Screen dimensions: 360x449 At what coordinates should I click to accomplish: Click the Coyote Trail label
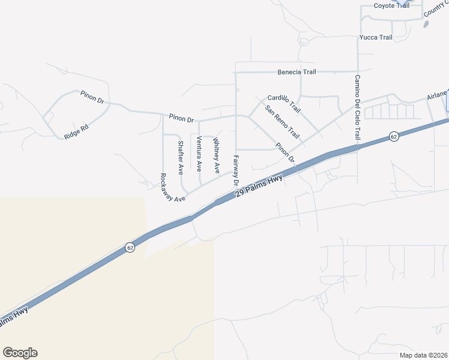[x=391, y=5]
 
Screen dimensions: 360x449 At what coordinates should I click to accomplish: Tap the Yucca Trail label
[x=376, y=37]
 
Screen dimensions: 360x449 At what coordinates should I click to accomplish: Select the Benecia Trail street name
[x=297, y=72]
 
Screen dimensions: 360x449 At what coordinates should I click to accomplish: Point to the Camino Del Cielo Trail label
[x=357, y=107]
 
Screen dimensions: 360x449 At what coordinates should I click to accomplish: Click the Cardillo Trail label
[x=284, y=103]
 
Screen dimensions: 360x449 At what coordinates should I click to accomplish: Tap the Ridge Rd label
[x=76, y=131]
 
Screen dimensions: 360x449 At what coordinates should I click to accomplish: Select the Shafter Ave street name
[x=181, y=157]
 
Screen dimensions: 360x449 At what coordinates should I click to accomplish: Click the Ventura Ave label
[x=199, y=154]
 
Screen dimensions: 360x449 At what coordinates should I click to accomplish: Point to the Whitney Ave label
[x=217, y=156]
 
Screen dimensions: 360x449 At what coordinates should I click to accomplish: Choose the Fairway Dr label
[x=236, y=170]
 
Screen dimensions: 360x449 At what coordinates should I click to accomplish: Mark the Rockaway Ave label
[x=172, y=187]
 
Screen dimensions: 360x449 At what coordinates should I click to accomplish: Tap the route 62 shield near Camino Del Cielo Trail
[x=393, y=137]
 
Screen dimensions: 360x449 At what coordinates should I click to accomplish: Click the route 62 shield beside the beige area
[x=130, y=247]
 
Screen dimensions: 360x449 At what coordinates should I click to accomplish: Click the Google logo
[x=20, y=353]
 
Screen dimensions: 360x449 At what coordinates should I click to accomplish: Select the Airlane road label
[x=438, y=96]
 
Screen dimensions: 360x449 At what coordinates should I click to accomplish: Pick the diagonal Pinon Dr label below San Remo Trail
[x=285, y=152]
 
